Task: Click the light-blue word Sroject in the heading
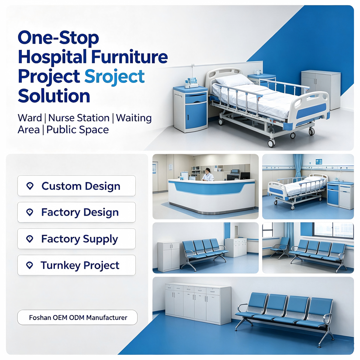pos(115,76)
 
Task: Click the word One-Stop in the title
pos(58,38)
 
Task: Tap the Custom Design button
pos(76,186)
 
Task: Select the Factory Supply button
pos(76,239)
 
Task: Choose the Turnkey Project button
pos(76,265)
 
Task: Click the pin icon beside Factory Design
pos(30,212)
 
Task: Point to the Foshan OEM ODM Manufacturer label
pos(77,318)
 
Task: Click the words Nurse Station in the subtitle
pos(79,118)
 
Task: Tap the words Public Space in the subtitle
pos(78,130)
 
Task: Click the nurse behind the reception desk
pos(208,175)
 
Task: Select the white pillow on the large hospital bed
pos(234,80)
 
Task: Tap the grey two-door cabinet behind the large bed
pos(321,90)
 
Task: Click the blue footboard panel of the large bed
pos(311,111)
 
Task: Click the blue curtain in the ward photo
pos(298,166)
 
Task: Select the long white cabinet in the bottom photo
pos(198,303)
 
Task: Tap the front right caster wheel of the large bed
pos(271,143)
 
